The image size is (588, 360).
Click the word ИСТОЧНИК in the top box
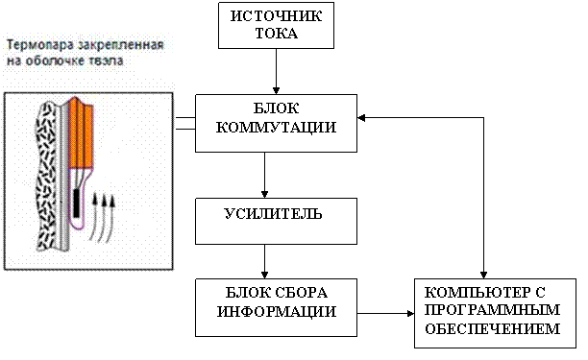276,16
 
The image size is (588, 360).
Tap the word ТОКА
277,34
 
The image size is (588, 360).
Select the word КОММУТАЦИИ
276,128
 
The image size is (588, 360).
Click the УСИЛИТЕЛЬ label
273,213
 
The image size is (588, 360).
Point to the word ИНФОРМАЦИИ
277,311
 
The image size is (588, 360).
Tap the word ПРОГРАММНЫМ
492,310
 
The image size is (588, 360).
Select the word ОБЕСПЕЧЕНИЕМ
492,328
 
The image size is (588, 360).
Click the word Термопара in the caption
41,45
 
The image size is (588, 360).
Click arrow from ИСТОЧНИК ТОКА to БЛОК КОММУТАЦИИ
276,71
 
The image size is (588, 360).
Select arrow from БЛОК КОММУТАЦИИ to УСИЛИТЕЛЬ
264,175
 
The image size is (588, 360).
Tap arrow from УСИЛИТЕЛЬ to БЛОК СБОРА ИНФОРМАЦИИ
264,261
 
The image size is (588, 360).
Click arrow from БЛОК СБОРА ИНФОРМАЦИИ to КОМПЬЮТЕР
385,313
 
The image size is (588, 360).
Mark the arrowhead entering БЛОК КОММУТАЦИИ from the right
361,118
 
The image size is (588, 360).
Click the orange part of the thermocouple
81,133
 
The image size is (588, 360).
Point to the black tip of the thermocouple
77,204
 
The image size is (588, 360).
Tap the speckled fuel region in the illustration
47,176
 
